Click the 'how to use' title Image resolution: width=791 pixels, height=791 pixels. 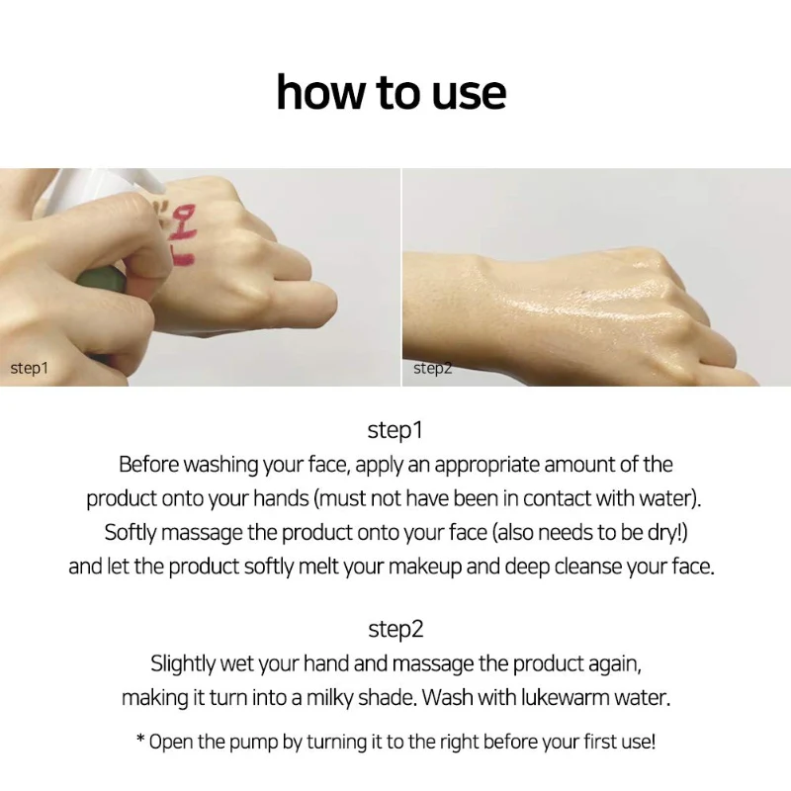[392, 92]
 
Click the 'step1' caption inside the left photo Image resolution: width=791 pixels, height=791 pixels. [30, 368]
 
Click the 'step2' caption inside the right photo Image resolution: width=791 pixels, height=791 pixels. [433, 368]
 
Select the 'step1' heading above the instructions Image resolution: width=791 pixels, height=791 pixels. [395, 430]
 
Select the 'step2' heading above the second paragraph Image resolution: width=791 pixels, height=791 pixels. [395, 629]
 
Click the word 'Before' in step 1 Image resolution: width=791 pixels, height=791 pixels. [149, 465]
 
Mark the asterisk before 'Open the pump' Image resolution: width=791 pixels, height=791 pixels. [140, 739]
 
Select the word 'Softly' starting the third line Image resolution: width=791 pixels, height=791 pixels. [131, 533]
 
